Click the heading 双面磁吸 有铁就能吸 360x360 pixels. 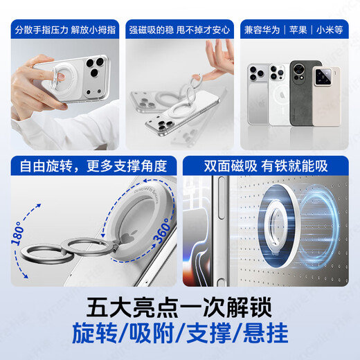click(x=266, y=167)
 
